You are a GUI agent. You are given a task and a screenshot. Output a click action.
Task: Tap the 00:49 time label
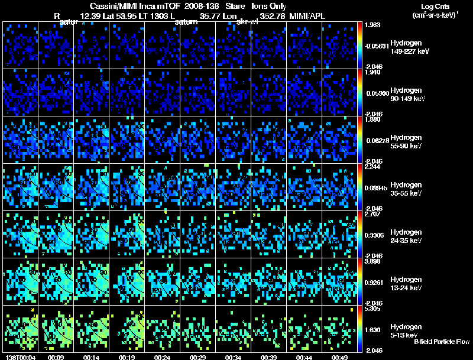tap(340, 357)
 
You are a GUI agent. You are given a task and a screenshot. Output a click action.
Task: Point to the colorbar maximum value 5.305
tap(372, 309)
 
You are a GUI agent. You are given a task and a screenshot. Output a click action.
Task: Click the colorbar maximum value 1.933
tap(372, 24)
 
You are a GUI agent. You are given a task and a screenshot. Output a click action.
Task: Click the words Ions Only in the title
tap(269, 5)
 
